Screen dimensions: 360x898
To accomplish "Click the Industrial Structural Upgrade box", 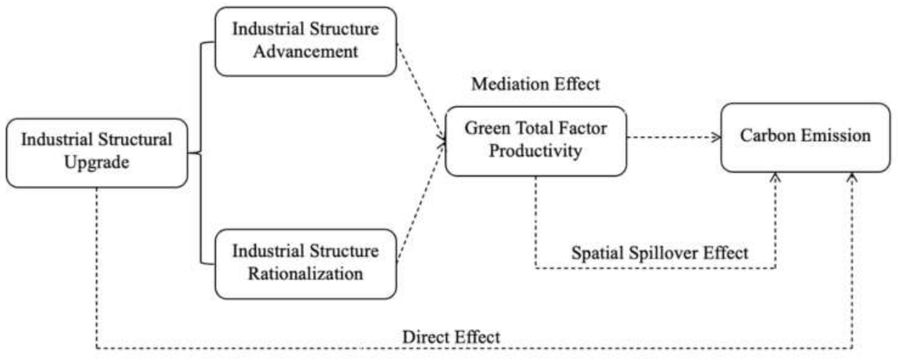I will coord(97,153).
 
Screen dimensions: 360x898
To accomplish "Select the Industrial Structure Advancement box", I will coord(305,41).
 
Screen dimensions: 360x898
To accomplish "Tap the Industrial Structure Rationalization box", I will coord(305,264).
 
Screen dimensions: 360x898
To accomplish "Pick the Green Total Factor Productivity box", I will coord(536,141).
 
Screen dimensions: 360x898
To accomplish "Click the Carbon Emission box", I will coord(805,137).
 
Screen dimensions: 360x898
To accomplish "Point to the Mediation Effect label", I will coord(535,84).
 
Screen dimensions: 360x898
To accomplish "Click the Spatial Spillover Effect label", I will coord(659,253).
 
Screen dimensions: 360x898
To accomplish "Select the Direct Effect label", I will coord(450,337).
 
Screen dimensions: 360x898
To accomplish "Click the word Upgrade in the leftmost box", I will coord(97,162).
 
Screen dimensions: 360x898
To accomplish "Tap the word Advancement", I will coord(305,52).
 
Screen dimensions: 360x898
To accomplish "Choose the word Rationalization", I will coord(305,274).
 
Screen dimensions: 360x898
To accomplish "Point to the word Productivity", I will coord(535,151).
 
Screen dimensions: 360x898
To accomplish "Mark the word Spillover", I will coord(659,253).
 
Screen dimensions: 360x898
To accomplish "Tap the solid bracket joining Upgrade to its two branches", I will coord(200,153).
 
